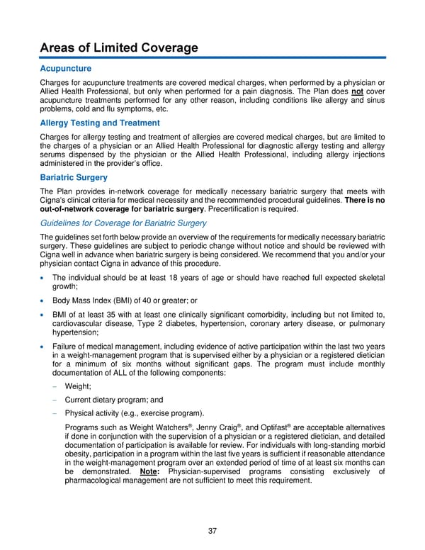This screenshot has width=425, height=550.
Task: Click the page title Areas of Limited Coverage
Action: click(x=119, y=47)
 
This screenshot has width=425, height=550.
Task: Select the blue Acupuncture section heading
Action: click(x=66, y=69)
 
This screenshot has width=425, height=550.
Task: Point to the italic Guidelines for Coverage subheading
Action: click(x=123, y=223)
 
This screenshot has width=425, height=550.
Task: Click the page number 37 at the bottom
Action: click(x=212, y=532)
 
